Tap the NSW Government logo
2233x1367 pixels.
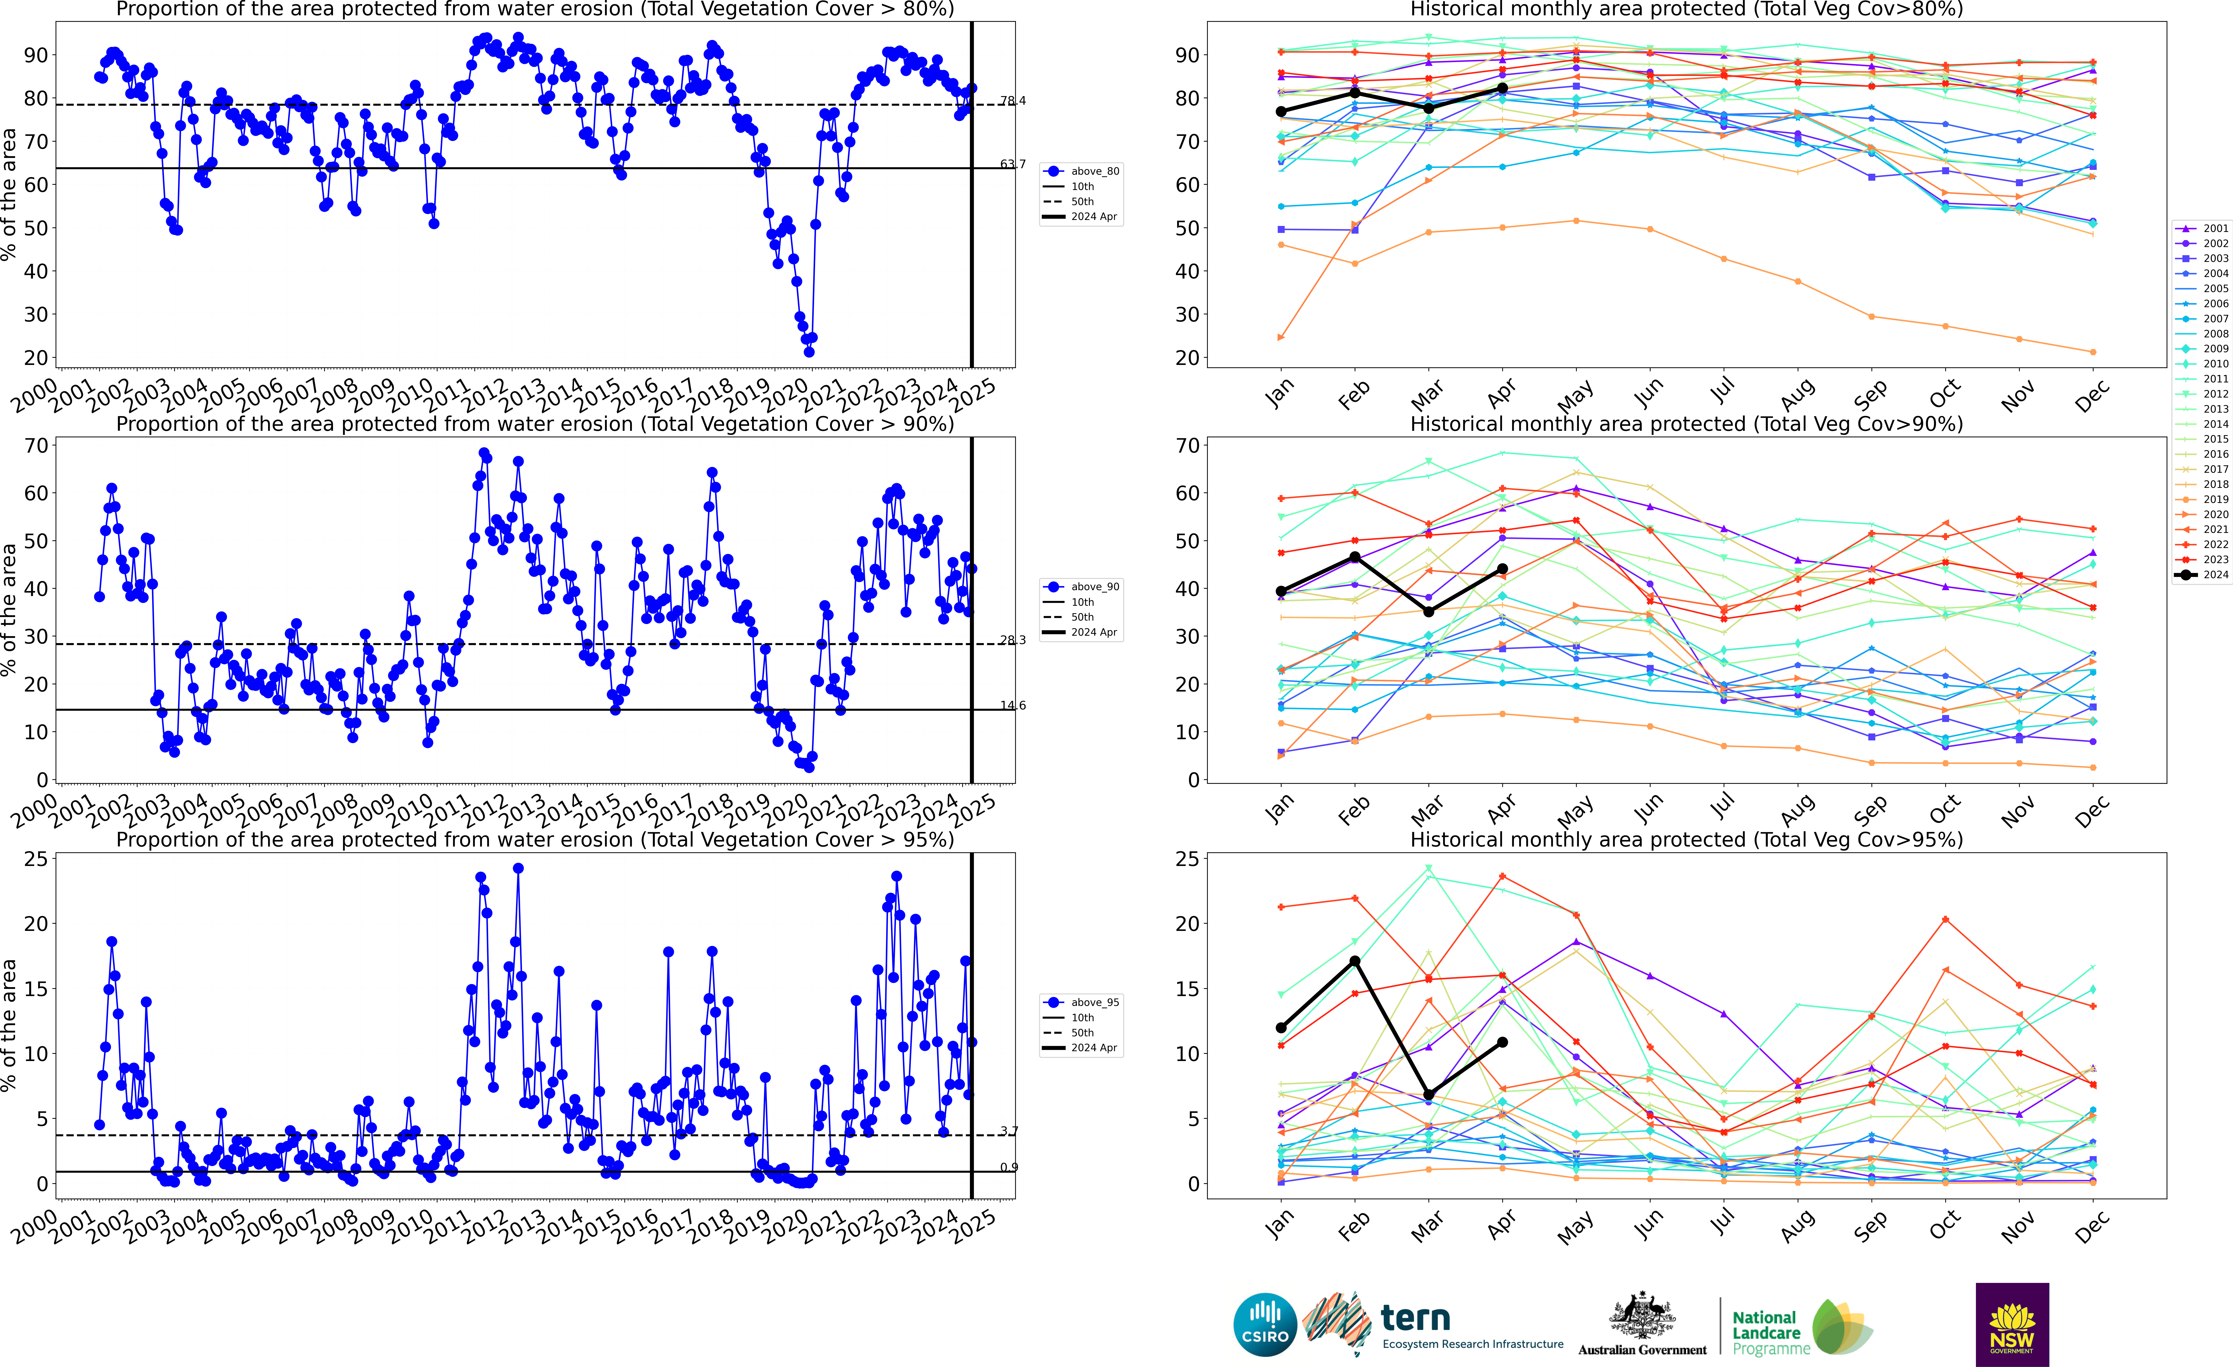pyautogui.click(x=2012, y=1323)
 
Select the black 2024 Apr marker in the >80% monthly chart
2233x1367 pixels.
pyautogui.click(x=1502, y=88)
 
